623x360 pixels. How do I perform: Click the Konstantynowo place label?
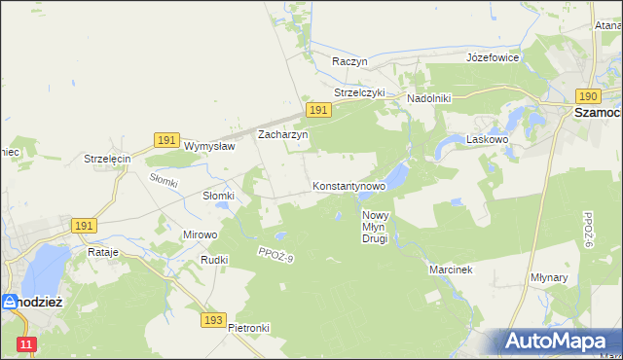(x=348, y=185)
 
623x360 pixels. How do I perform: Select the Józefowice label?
(x=492, y=57)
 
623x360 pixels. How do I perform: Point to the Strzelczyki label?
(x=359, y=92)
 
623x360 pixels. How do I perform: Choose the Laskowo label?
(x=489, y=140)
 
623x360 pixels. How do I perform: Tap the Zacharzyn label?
(x=282, y=135)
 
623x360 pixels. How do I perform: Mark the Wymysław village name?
(x=209, y=146)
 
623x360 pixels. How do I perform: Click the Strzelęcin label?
(x=107, y=159)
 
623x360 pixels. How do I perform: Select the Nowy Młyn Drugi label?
(x=375, y=227)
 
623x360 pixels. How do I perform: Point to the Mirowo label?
(x=201, y=234)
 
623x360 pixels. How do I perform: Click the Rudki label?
(x=213, y=260)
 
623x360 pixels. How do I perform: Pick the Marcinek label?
(x=450, y=270)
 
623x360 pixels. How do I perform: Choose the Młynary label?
(x=576, y=277)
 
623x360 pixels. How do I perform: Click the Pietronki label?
(x=248, y=328)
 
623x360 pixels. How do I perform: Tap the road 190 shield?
(x=587, y=96)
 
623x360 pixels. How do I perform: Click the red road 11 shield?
(x=26, y=343)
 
